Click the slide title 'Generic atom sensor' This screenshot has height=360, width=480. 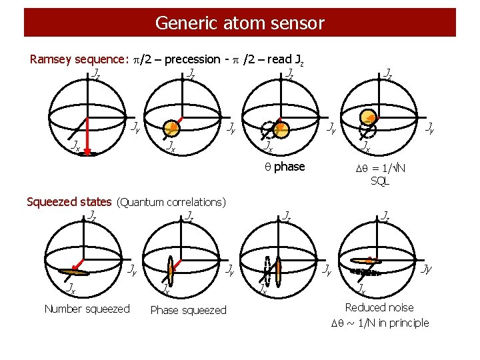coord(239,23)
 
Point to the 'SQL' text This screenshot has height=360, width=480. coord(379,180)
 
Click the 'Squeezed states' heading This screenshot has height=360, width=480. coord(69,201)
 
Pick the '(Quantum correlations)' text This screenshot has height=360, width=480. coord(171,202)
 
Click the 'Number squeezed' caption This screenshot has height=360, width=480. coord(87,309)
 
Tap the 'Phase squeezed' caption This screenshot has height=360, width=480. coord(188,310)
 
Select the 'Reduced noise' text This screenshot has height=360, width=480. coord(379,307)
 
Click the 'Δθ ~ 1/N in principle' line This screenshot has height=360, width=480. coord(380,323)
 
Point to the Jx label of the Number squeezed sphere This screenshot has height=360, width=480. coord(69,288)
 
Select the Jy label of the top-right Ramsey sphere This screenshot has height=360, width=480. coord(430,126)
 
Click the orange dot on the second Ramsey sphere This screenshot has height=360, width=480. coord(171,127)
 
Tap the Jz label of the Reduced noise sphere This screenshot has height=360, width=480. coord(386,216)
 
